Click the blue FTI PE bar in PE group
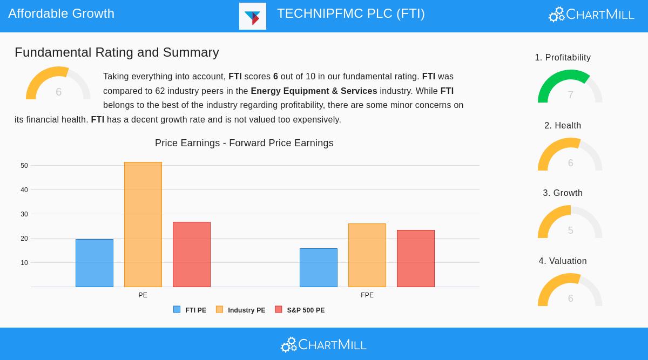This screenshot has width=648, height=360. coord(94,263)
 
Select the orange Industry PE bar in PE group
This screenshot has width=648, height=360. coord(143,225)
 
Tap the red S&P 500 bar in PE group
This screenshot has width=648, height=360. coord(192,254)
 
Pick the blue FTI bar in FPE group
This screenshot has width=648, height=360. coord(319,268)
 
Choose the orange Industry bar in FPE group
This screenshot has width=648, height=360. coord(367,255)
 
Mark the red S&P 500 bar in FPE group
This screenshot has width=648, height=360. coord(416,259)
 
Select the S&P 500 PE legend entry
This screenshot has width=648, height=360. coord(300,310)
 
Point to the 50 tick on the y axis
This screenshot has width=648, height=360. coord(24,166)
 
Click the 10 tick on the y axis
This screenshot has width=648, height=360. coord(24,263)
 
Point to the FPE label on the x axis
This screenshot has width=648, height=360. coord(367,295)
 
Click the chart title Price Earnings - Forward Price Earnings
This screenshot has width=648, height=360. coord(244,143)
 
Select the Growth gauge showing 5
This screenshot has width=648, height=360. coord(570,222)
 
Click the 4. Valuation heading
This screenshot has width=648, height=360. coord(563,261)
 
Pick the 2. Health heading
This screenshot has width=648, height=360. coord(563,126)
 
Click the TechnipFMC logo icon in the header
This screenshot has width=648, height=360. coord(253,16)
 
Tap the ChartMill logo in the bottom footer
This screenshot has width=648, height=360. coord(324,344)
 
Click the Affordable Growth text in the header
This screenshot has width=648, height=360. coord(62,13)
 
